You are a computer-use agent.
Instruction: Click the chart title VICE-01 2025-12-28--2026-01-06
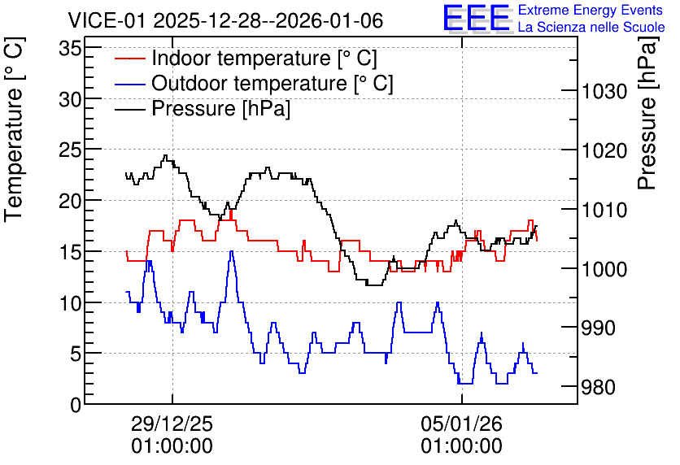pos(225,20)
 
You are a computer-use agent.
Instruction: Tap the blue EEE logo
pos(477,19)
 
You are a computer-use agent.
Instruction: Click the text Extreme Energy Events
pos(591,10)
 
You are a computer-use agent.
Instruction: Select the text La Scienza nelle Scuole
pos(591,27)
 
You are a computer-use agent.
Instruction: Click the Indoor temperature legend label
pos(264,58)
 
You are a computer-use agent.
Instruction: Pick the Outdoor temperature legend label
pos(272,83)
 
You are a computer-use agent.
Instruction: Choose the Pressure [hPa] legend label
pos(220,108)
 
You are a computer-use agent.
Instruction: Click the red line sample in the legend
pos(130,58)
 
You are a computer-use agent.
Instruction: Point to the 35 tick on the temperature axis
pos(70,49)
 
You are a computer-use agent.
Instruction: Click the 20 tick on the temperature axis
pos(70,201)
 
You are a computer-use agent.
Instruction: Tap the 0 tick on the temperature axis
pos(76,405)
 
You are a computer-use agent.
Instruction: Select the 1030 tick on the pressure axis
pos(604,91)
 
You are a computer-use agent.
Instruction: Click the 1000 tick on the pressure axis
pos(604,269)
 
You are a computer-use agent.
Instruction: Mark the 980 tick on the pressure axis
pos(599,387)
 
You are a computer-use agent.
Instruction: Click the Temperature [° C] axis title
pos(14,130)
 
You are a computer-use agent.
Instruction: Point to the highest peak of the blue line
pos(232,251)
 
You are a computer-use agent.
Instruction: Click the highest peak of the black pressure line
pos(165,155)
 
